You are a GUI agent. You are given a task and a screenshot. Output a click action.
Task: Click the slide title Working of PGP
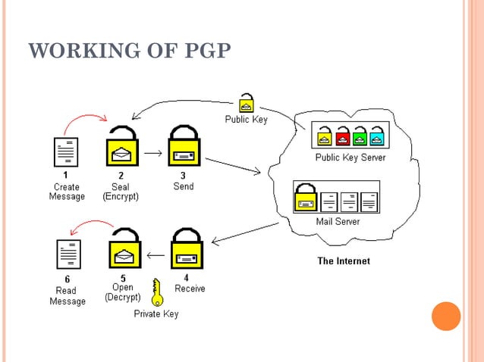[x=129, y=51]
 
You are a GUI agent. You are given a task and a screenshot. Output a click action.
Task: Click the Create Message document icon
[x=67, y=152]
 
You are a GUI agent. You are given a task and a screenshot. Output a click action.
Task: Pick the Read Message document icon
[x=68, y=255]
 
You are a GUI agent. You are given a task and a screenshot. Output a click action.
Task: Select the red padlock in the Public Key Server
[x=342, y=136]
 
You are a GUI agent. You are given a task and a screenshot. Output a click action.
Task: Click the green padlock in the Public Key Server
[x=360, y=136]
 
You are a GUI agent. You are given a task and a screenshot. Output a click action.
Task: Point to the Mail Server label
[x=338, y=222]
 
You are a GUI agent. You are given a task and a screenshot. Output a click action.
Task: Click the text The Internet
[x=343, y=261]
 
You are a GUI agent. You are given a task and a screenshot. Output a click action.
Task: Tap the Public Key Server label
[x=350, y=158]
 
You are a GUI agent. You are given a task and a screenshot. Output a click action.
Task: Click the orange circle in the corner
[x=446, y=316]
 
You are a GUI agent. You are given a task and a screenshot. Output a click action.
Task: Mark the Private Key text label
[x=156, y=314]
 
